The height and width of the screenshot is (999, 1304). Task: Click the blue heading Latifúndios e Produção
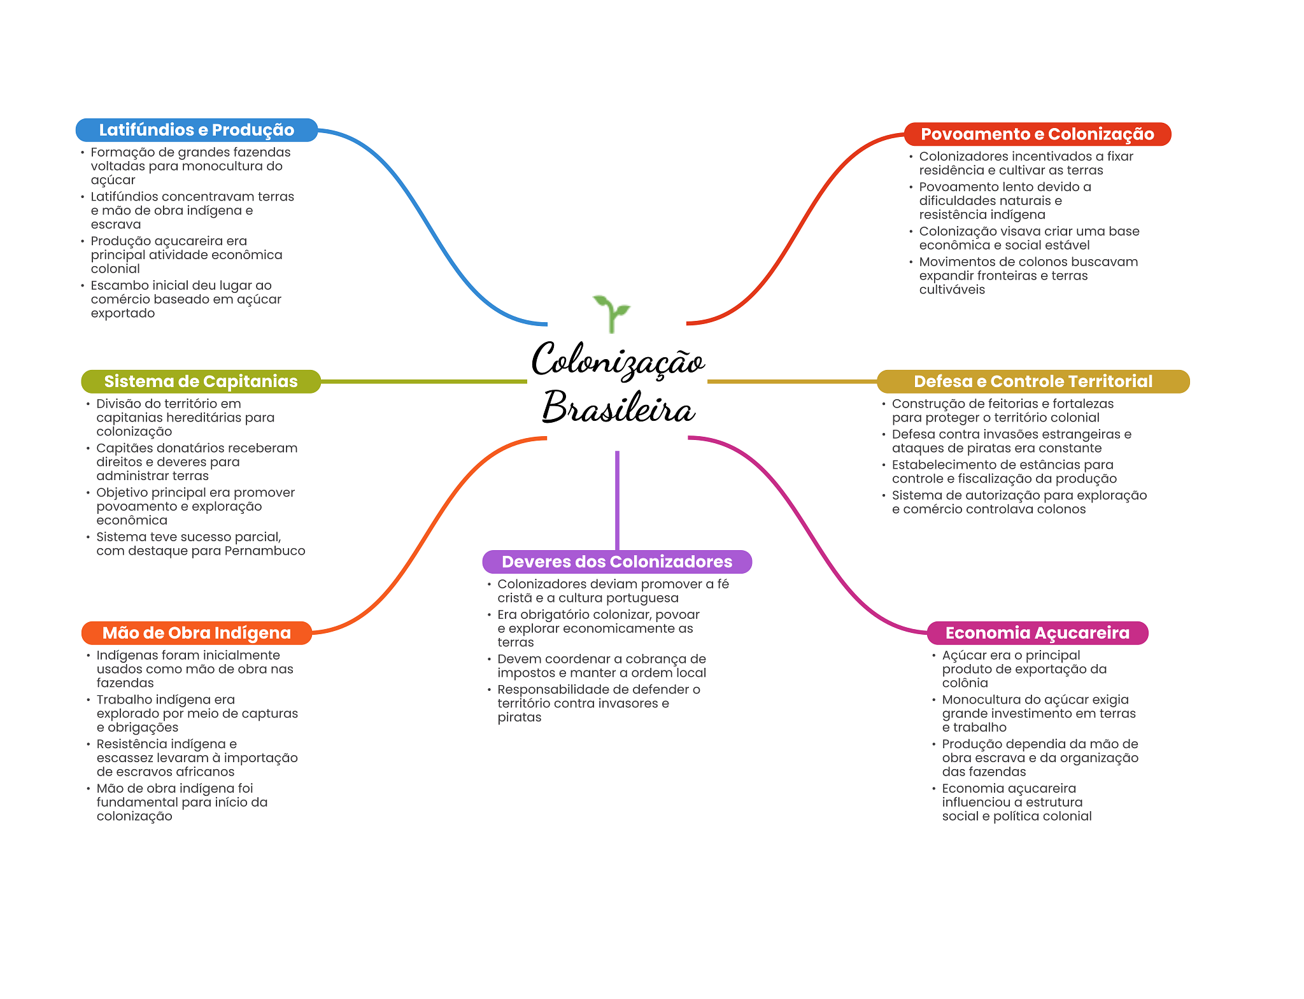click(197, 130)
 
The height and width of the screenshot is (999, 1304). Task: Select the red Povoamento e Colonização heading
click(1037, 134)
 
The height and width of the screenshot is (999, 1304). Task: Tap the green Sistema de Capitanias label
click(201, 381)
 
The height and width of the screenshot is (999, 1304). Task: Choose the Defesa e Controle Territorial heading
click(1033, 381)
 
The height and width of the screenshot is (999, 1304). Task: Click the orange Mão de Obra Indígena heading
click(197, 633)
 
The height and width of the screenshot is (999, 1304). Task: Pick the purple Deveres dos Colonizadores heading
click(617, 562)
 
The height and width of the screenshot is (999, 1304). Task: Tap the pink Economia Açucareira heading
click(1037, 633)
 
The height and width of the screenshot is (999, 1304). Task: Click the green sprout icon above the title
click(611, 314)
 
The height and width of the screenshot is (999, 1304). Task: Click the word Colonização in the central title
click(618, 360)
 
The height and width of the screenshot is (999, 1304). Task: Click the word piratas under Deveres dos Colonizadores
click(520, 718)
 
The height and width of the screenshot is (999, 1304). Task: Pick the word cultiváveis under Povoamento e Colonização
click(952, 290)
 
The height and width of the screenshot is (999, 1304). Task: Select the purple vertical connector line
click(617, 500)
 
